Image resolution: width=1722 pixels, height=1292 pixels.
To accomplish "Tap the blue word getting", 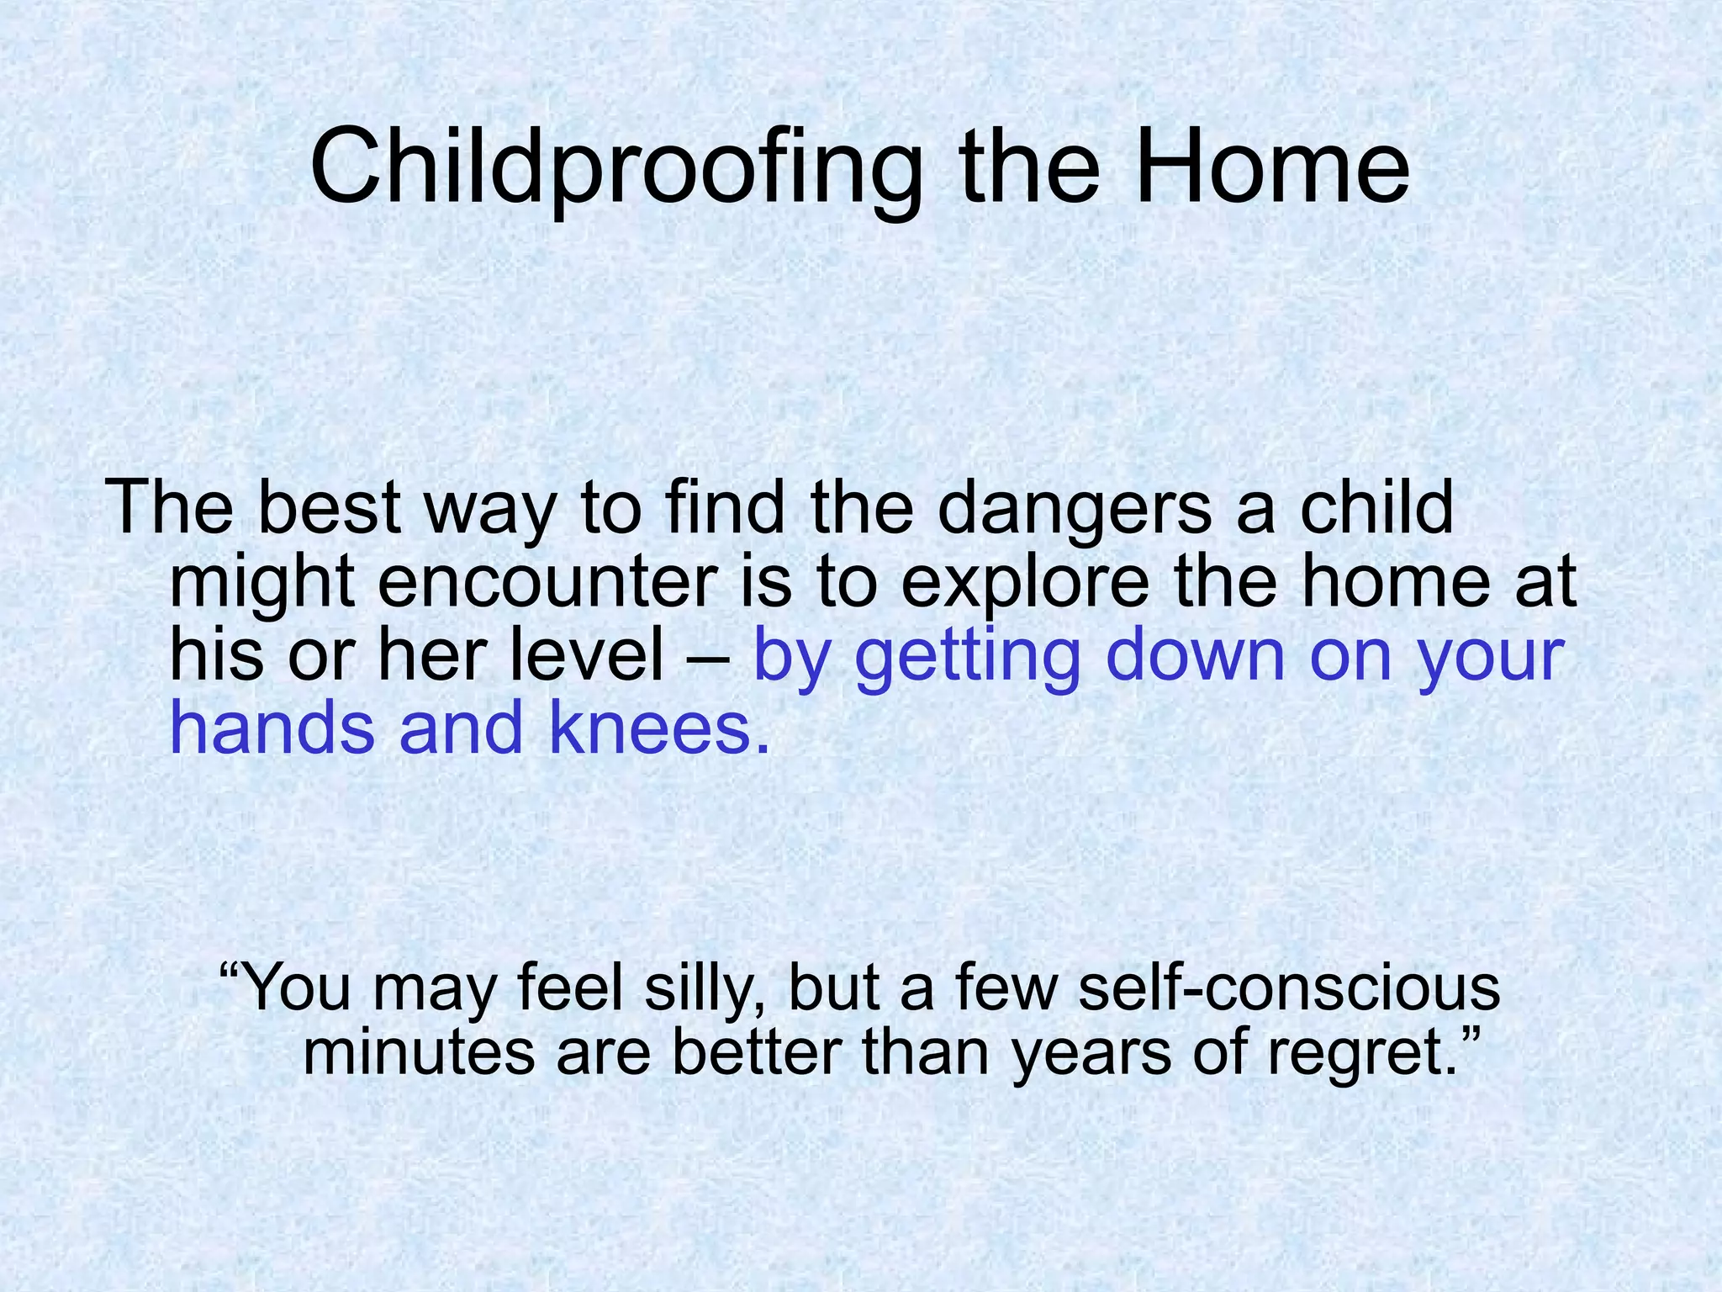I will pos(967,656).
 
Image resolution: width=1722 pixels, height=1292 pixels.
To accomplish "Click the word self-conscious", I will pos(1288,989).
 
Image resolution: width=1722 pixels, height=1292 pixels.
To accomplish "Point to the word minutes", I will pos(418,1053).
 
